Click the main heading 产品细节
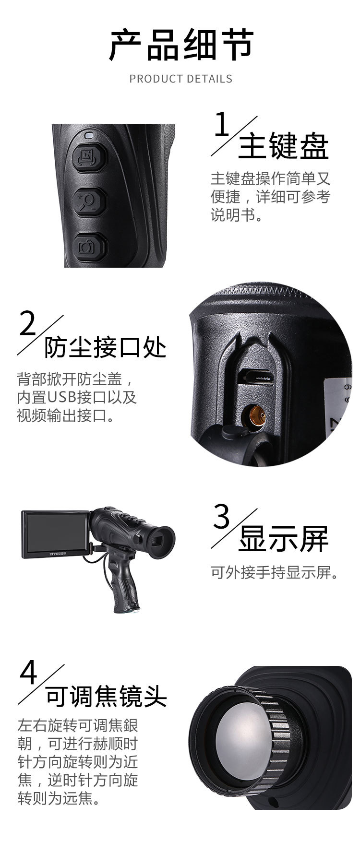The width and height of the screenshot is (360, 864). pos(181,45)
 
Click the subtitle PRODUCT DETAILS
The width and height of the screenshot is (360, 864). pos(181,79)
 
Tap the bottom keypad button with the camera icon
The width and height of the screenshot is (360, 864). pos(88,247)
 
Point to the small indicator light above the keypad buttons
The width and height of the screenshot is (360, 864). pos(88,135)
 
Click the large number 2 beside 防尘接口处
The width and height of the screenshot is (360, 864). pos(28,324)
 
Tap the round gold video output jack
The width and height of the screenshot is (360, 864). pos(256,414)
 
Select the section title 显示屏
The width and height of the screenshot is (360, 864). pos(283,538)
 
